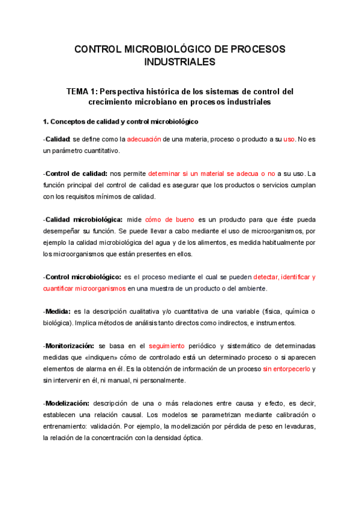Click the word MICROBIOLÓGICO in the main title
[x=179, y=49]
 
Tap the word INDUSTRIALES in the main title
[x=179, y=62]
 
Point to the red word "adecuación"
[x=144, y=139]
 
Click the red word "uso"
[x=289, y=139]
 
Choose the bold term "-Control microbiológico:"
[x=82, y=277]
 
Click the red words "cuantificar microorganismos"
[x=85, y=288]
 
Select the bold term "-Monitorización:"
[x=68, y=346]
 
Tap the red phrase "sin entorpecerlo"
[x=286, y=369]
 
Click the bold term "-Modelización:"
[x=67, y=403]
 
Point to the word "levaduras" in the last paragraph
[x=296, y=426]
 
